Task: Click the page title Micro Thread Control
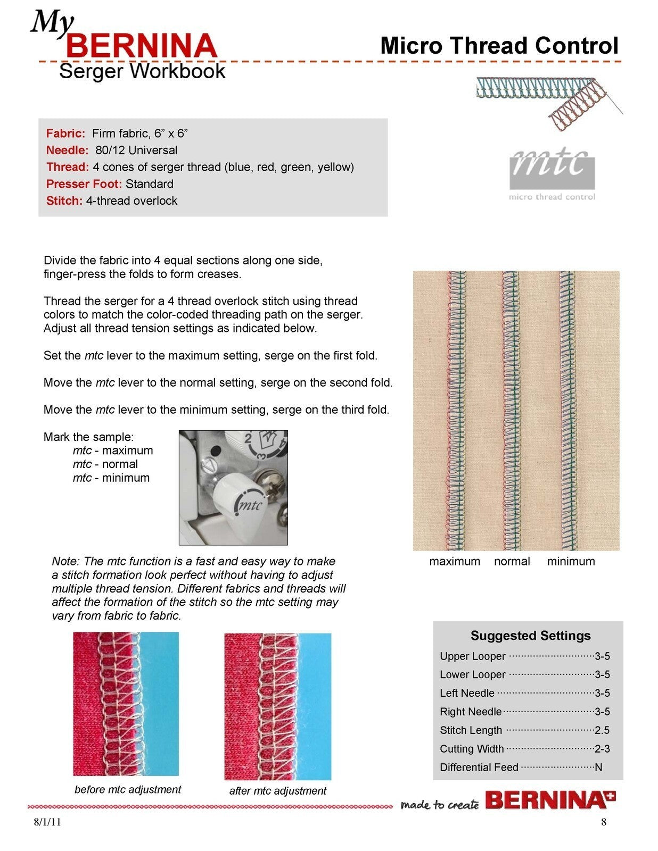tap(499, 46)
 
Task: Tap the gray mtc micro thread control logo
tap(552, 173)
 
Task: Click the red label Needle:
tap(67, 150)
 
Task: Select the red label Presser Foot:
tap(84, 184)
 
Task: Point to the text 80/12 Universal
tap(136, 150)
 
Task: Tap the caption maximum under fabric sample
tap(454, 561)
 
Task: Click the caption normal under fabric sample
tap(512, 561)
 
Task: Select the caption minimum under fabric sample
tap(571, 561)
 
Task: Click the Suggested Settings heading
tap(530, 636)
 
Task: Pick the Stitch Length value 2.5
tap(602, 730)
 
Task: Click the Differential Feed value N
tap(599, 767)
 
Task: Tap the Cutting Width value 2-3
tap(602, 749)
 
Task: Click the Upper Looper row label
tap(472, 656)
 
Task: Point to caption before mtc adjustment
tap(128, 789)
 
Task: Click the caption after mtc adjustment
tap(277, 791)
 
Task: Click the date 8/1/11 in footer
tap(47, 822)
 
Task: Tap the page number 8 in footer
tap(604, 822)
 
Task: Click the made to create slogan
tap(439, 804)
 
